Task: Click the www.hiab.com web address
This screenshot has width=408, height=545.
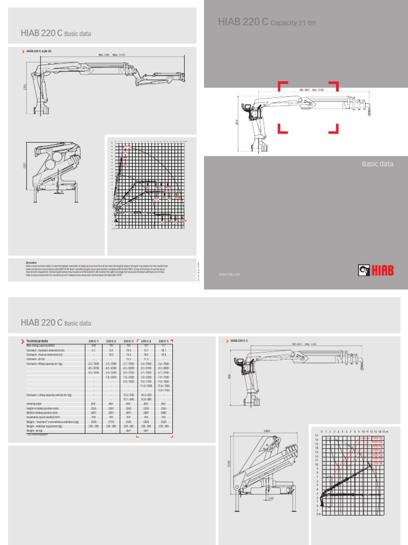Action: (229, 275)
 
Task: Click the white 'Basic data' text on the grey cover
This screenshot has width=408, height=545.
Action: (377, 164)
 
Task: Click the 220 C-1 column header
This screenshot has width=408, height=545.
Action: (93, 341)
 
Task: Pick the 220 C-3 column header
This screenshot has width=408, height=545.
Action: (129, 341)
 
